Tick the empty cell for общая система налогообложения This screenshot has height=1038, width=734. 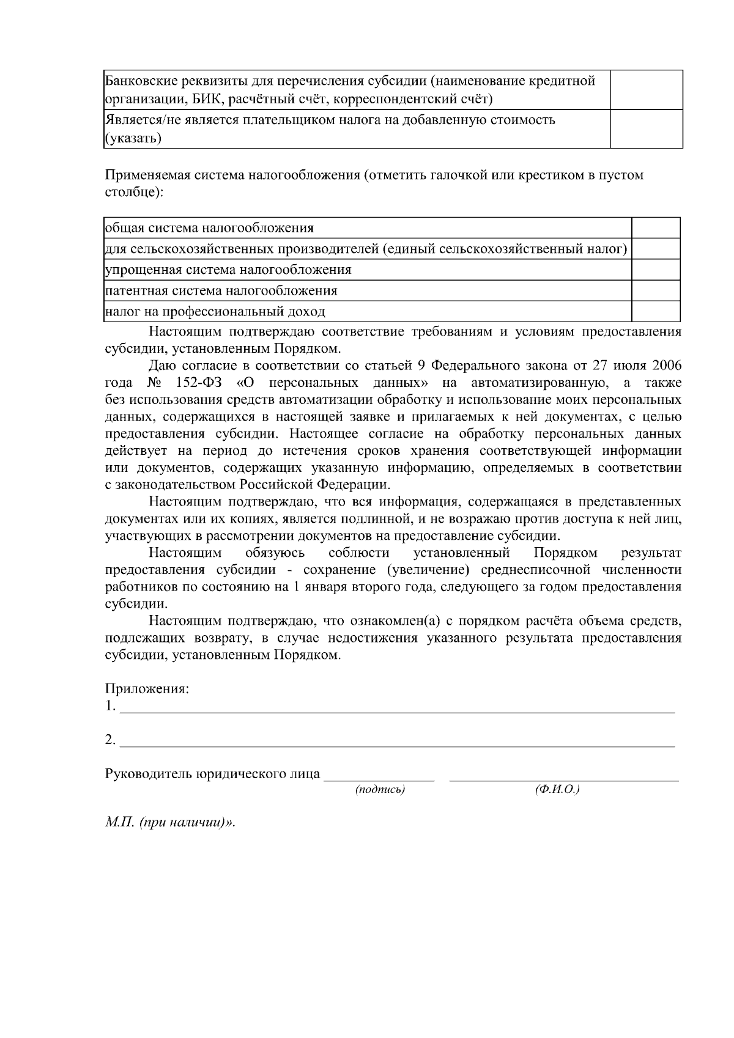pos(656,228)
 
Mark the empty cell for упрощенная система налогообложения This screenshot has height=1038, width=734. pos(656,270)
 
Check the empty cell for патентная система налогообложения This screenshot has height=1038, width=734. pos(656,290)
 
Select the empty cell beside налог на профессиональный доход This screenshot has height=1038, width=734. pos(656,312)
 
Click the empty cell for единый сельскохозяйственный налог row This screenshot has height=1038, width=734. pos(656,249)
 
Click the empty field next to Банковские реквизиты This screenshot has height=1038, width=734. pos(647,89)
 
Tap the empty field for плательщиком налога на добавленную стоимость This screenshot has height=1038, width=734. pos(647,129)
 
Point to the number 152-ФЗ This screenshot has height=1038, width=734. pos(198,383)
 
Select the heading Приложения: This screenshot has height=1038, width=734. pos(147,689)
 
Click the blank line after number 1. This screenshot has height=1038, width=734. pos(398,708)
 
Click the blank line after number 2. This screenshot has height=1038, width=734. pos(398,742)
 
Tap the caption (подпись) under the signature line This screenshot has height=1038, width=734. pos(380,790)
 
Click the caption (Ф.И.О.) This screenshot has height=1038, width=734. pos(557,790)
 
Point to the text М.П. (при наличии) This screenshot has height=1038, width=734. pos(169,822)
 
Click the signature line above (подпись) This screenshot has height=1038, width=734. pos(379,778)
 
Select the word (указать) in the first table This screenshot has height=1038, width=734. pos(133,139)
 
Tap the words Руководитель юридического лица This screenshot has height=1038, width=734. pos(212,774)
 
